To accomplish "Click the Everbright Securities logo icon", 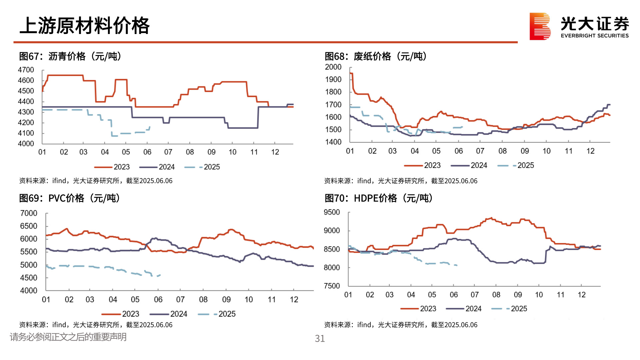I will (x=540, y=26).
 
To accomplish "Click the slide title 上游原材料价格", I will (x=85, y=26).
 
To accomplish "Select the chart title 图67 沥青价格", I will (x=70, y=56).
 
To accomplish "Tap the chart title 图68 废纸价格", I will (x=376, y=56).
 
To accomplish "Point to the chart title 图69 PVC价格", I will (x=69, y=198).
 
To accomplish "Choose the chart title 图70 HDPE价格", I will (x=379, y=198).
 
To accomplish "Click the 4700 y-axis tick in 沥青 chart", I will (x=26, y=70).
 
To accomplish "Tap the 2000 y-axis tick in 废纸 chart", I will (x=333, y=67).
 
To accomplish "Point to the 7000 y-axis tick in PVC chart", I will (x=29, y=213).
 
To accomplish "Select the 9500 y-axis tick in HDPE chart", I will (x=332, y=212).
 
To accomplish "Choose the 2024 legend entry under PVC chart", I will (x=169, y=314).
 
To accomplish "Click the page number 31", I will (x=320, y=339).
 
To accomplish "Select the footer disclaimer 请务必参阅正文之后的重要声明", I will (x=68, y=337).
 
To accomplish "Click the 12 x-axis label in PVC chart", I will (x=294, y=300).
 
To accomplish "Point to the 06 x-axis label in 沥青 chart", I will (x=147, y=152).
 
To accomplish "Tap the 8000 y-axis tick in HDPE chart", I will (x=332, y=268).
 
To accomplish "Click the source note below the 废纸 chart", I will (x=401, y=181).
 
